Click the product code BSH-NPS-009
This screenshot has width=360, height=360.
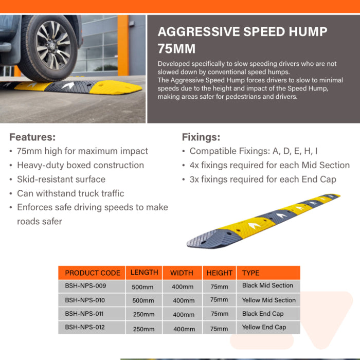click(x=85, y=285)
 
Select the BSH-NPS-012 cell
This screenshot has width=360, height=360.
click(x=85, y=327)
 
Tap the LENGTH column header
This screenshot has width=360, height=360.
click(x=144, y=273)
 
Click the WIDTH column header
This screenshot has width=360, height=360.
click(x=182, y=273)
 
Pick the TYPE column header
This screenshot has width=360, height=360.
click(x=250, y=273)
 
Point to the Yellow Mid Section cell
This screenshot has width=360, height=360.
click(x=268, y=300)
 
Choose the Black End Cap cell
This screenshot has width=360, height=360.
click(x=262, y=314)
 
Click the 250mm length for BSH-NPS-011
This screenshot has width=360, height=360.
click(x=143, y=314)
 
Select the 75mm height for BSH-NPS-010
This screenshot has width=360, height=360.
click(x=219, y=300)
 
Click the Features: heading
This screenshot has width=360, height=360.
click(x=32, y=137)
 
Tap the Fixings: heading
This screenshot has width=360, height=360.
click(x=201, y=137)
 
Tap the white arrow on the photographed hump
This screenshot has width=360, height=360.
click(x=67, y=86)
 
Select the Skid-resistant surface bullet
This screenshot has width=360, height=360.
click(x=61, y=179)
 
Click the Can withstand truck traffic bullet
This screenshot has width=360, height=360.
click(x=70, y=193)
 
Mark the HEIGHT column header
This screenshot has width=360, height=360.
click(x=219, y=273)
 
